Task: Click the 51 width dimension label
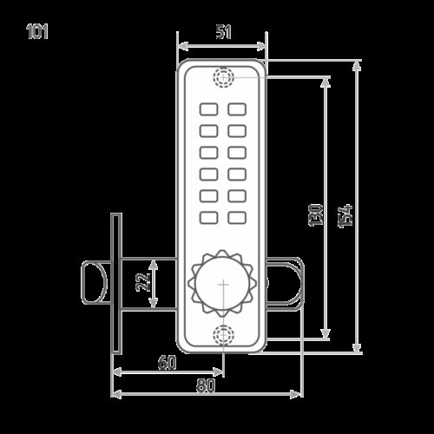click(223, 32)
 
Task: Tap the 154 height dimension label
click(345, 216)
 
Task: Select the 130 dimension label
click(316, 215)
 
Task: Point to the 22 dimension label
click(143, 282)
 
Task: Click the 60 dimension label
click(167, 362)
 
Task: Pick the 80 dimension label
click(206, 385)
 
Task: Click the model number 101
click(37, 31)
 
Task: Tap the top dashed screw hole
click(224, 77)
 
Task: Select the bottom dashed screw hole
click(223, 335)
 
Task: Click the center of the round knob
click(222, 284)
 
